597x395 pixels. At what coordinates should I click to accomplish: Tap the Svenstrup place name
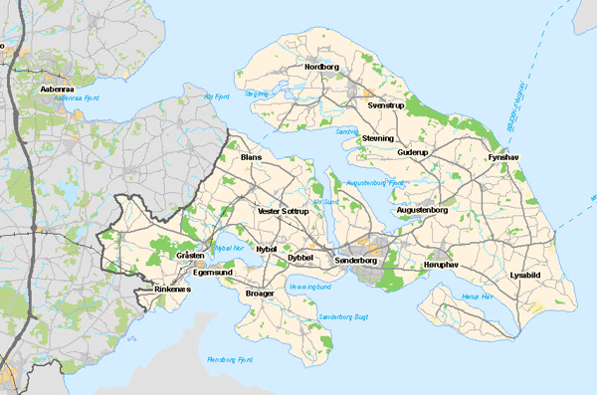386,103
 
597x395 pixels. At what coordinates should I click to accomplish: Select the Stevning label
378,137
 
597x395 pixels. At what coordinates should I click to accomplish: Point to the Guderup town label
411,152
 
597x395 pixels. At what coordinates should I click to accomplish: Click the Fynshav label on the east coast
503,157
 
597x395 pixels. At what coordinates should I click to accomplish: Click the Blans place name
251,157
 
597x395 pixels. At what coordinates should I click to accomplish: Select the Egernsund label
213,271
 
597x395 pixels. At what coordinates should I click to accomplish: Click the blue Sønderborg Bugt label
342,316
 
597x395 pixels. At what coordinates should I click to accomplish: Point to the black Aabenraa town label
57,89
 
